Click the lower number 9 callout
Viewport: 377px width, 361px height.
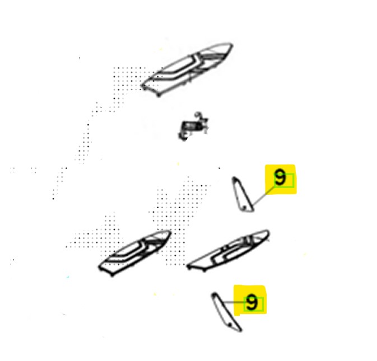click(x=252, y=303)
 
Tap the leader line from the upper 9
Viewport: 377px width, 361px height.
click(x=264, y=196)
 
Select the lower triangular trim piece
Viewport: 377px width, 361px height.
click(x=226, y=312)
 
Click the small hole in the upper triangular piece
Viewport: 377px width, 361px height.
click(x=245, y=207)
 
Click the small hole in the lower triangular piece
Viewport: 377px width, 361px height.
click(x=230, y=325)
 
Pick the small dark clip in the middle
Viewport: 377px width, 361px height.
click(x=192, y=126)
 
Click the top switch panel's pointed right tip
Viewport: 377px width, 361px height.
click(x=231, y=45)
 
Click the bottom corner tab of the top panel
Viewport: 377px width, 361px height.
click(x=159, y=95)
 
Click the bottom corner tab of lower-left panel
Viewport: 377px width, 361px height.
click(x=112, y=275)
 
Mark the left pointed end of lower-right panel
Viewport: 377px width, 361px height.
click(x=188, y=266)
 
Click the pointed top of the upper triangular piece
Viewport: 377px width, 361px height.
click(x=234, y=178)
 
